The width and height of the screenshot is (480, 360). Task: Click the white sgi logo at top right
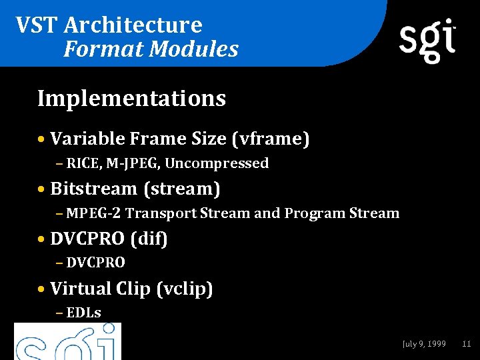coord(427,40)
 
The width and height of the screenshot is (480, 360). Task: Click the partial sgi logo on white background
coord(67,341)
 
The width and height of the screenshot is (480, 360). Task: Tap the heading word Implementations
coord(132,99)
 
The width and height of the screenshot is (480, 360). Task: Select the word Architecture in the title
coord(133,25)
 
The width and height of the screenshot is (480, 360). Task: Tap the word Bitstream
coord(93,189)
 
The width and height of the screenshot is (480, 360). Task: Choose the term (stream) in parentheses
coord(181,189)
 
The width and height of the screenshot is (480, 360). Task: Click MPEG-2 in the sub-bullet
coord(94,213)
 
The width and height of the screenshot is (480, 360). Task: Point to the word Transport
coord(161,213)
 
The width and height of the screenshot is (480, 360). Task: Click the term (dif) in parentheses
coord(149,239)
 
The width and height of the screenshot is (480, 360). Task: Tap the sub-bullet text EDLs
coord(83,313)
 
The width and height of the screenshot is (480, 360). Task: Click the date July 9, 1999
coord(424,344)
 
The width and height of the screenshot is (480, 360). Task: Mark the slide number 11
coord(466,344)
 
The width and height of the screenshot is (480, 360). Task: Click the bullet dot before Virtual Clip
coord(42,289)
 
